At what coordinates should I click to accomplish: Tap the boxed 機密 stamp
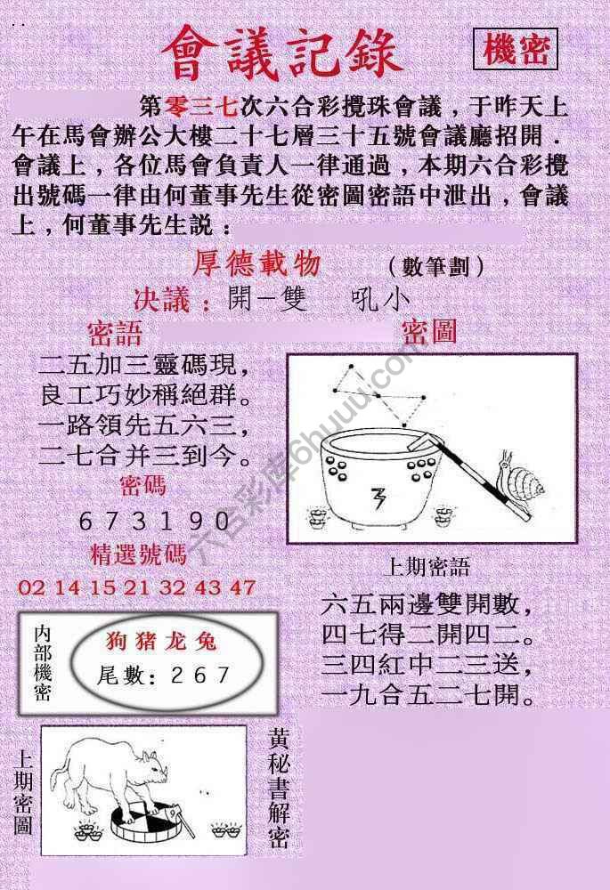coord(516,52)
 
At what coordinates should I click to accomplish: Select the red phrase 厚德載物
coord(256,264)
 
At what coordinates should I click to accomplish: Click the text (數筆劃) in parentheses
coord(436,266)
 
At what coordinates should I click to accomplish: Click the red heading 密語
coord(115,334)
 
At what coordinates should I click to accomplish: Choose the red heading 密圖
coord(428,333)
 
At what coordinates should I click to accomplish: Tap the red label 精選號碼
coord(139,555)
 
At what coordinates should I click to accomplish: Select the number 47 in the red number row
coord(241,587)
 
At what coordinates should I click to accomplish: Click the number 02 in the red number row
coord(29,587)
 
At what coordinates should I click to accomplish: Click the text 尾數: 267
coord(164,676)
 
